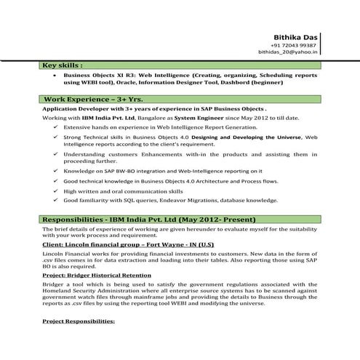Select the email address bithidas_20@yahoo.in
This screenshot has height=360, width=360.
pyautogui.click(x=288, y=52)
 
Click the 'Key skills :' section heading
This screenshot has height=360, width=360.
pyautogui.click(x=63, y=65)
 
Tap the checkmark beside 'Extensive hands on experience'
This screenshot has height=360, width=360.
pyautogui.click(x=56, y=127)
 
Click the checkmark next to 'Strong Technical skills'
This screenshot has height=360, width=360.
pyautogui.click(x=56, y=137)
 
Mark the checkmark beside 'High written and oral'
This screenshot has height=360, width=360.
pyautogui.click(x=56, y=190)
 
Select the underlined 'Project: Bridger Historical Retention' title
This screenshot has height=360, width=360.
pyautogui.click(x=97, y=276)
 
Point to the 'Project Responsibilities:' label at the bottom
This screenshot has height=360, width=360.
pyautogui.click(x=79, y=321)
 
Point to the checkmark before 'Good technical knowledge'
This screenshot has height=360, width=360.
pyautogui.click(x=56, y=180)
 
